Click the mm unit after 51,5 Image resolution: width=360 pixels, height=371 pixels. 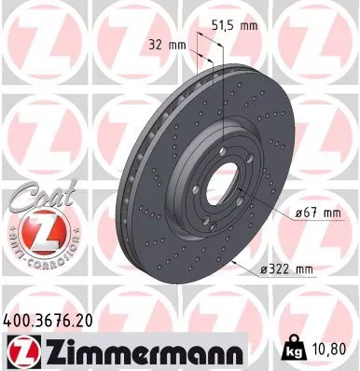pyautogui.click(x=247, y=25)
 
